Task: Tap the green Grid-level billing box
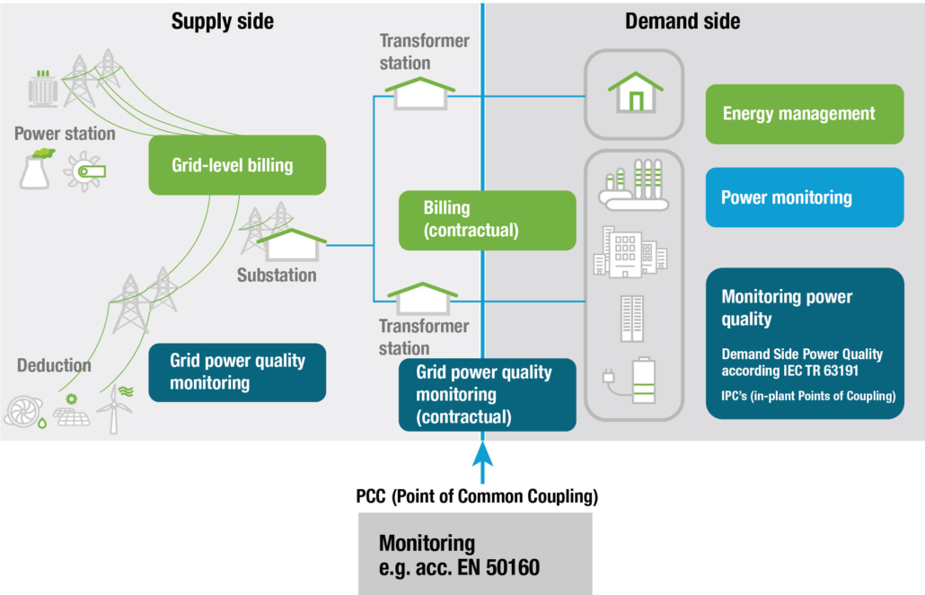point(236,165)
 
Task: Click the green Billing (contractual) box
point(487,219)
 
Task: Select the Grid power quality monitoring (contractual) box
point(487,394)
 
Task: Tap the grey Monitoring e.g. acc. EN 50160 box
point(475,554)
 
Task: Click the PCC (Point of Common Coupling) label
point(477,495)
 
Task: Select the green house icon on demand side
point(635,92)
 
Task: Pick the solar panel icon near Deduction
point(71,413)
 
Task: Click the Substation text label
point(277,276)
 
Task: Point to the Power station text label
point(65,134)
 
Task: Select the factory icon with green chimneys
point(634,185)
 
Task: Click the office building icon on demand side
point(630,252)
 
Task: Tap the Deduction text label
point(54,365)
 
